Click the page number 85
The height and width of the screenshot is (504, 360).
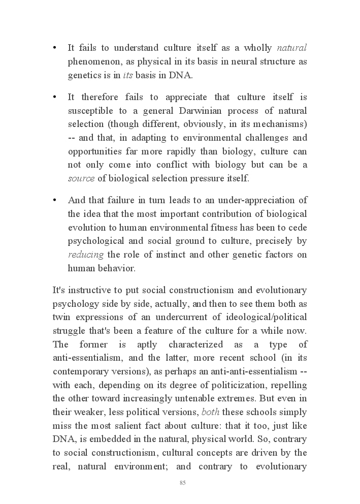point(182,482)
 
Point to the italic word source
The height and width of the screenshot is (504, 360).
point(81,178)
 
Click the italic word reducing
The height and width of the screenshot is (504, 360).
point(86,255)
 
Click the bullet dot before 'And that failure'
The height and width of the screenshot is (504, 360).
point(54,200)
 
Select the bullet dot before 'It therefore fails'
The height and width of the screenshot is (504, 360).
point(54,97)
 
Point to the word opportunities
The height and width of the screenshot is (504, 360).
point(93,151)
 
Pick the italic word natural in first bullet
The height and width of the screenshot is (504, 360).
point(291,48)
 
